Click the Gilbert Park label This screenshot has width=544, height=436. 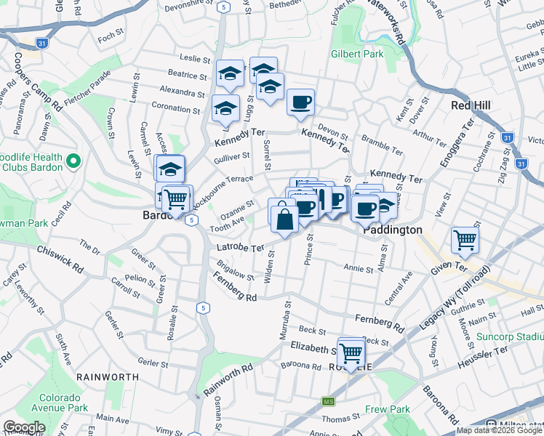356,54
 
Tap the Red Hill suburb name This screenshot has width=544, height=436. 471,105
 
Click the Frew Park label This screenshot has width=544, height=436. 389,410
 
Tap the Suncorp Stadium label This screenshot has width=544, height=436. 509,337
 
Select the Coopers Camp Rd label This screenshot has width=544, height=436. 36,81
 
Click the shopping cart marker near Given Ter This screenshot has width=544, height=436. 465,239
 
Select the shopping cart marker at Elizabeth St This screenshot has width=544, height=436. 351,352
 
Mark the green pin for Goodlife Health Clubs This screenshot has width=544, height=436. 72,160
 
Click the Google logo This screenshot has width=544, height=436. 24,427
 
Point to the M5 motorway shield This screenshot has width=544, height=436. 329,402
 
